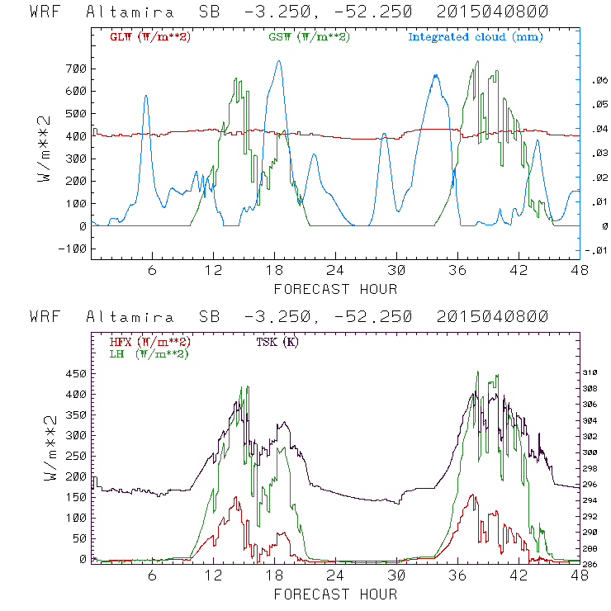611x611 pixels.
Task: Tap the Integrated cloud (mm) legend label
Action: (476, 37)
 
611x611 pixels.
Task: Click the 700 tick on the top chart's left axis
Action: (73, 68)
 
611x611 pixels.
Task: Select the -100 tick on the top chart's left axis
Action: (70, 249)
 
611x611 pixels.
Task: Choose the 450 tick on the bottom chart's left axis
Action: (73, 373)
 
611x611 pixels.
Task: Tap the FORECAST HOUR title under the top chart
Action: (335, 289)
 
